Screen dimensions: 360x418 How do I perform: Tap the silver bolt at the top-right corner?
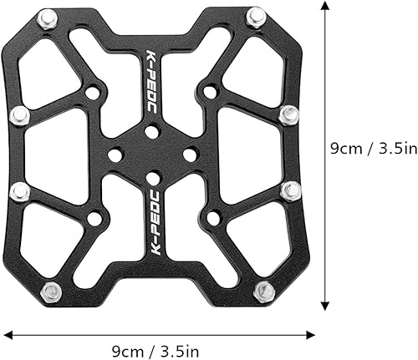coord(256,16)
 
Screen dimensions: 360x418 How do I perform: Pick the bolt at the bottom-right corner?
coord(263,292)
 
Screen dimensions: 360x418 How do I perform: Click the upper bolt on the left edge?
coord(19,115)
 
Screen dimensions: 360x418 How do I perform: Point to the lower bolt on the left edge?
coord(19,191)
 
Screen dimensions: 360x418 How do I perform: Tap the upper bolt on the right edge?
coord(288,114)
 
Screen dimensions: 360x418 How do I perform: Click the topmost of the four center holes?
coord(150,131)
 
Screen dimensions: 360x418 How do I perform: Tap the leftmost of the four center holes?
coord(115,155)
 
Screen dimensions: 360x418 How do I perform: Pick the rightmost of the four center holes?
coord(190,155)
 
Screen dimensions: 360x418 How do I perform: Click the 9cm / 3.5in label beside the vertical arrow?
coord(370,149)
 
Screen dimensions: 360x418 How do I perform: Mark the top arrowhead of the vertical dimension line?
coord(324,5)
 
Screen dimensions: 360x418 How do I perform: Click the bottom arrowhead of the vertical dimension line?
coord(324,305)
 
